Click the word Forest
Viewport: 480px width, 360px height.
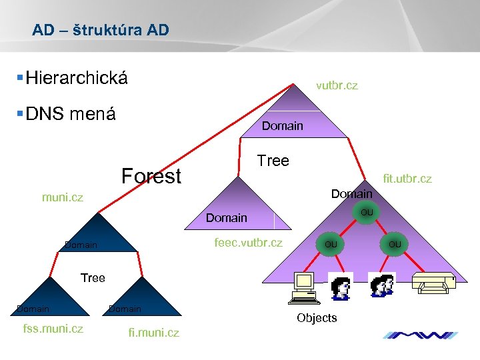click(x=151, y=176)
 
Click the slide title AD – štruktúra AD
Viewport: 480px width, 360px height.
click(x=101, y=30)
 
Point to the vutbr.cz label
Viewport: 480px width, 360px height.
click(x=337, y=85)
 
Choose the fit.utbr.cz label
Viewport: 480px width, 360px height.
click(x=406, y=179)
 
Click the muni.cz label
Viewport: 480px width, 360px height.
click(x=62, y=197)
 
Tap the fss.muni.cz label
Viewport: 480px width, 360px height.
click(x=53, y=328)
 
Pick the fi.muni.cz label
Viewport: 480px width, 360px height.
click(x=153, y=333)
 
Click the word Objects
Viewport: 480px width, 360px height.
click(x=317, y=318)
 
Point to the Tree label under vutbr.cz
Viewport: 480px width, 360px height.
click(x=273, y=161)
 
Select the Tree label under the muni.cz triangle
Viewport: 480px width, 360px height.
click(x=93, y=277)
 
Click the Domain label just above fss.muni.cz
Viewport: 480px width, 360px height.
click(x=33, y=309)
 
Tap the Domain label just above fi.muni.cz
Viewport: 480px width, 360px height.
click(x=125, y=309)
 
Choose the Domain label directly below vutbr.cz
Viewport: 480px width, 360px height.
click(x=282, y=125)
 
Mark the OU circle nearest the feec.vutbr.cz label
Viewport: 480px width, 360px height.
click(x=329, y=244)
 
